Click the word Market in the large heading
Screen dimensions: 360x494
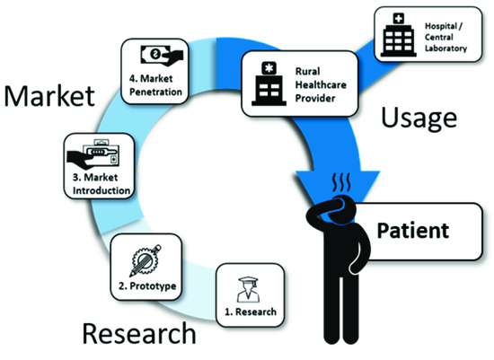pyautogui.click(x=49, y=96)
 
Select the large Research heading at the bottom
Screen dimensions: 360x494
pyautogui.click(x=138, y=334)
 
